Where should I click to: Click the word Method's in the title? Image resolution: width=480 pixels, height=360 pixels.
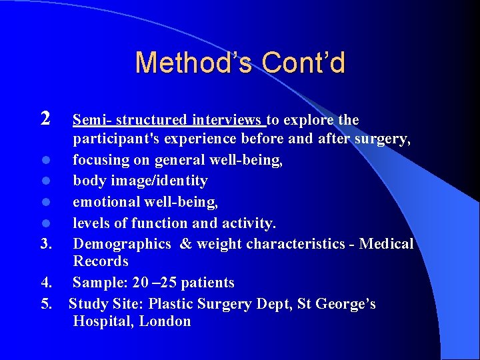193,63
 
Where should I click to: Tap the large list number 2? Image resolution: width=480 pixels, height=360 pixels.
45,119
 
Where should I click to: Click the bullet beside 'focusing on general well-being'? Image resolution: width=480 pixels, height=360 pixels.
45,161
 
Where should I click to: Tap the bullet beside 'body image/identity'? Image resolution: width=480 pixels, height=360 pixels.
45,181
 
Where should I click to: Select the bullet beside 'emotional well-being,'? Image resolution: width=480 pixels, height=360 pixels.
45,202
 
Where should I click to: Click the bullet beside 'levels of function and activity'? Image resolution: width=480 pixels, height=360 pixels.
45,223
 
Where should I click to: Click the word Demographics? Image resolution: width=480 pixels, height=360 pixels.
122,243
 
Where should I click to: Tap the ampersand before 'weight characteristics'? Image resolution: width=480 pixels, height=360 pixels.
185,243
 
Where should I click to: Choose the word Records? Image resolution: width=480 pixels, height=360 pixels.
101,261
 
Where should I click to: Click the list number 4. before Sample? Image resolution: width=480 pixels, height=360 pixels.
46,283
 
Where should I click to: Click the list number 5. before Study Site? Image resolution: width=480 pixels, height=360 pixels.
46,304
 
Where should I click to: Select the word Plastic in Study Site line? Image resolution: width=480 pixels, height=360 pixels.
171,304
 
